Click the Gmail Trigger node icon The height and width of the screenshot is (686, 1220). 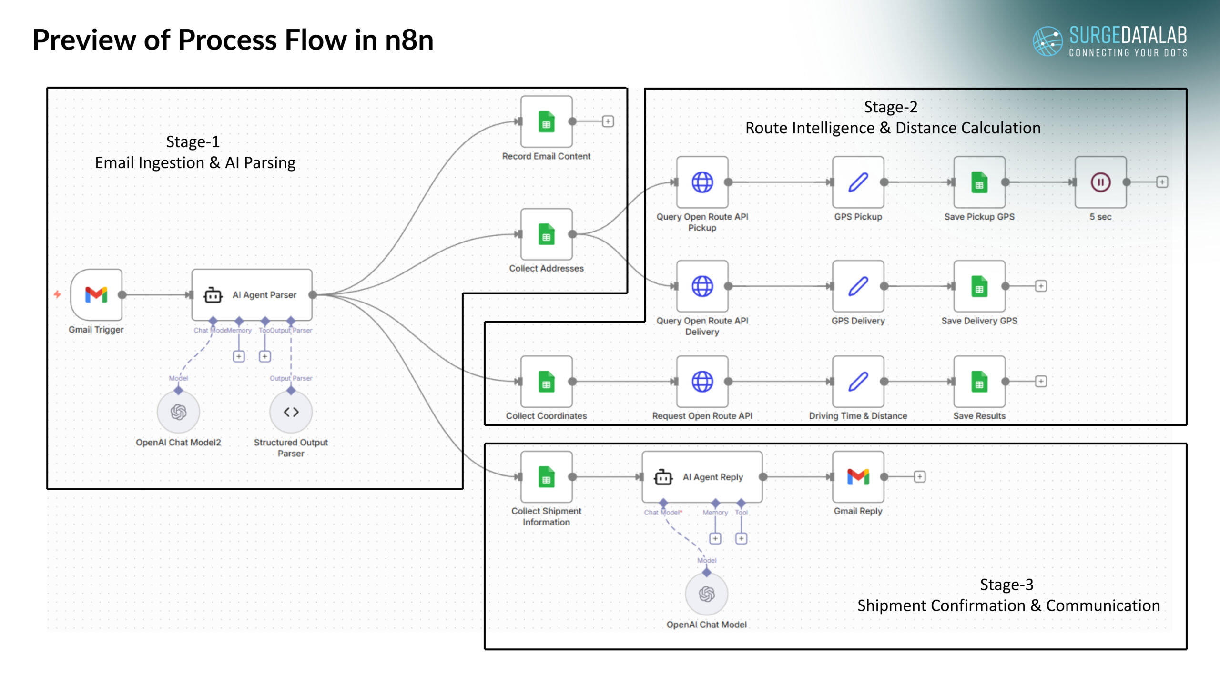tap(96, 295)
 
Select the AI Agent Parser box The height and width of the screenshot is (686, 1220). tap(252, 295)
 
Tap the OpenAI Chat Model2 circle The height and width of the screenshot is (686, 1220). tap(178, 412)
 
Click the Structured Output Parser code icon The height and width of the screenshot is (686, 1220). tap(291, 412)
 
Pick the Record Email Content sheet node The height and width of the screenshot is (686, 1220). tap(546, 122)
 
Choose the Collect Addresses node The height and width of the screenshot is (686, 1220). tap(546, 234)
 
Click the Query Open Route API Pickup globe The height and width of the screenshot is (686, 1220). tap(702, 182)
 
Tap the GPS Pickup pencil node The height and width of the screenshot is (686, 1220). tap(858, 182)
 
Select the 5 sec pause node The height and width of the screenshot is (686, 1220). tap(1100, 182)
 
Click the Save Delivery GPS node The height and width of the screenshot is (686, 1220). tap(979, 286)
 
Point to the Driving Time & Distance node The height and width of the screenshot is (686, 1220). tap(858, 382)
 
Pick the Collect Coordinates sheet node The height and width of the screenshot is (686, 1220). tap(546, 382)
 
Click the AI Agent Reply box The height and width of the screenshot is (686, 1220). tap(702, 477)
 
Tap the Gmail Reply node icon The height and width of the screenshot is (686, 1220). tap(858, 477)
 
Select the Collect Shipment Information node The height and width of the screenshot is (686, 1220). tap(546, 477)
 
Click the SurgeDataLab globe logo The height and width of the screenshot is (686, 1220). tap(1047, 41)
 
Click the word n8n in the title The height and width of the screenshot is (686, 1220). tap(409, 40)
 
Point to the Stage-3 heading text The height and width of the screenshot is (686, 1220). tap(1006, 585)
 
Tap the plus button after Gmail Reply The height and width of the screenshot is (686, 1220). tap(920, 477)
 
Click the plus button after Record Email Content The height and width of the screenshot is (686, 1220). tap(608, 121)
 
